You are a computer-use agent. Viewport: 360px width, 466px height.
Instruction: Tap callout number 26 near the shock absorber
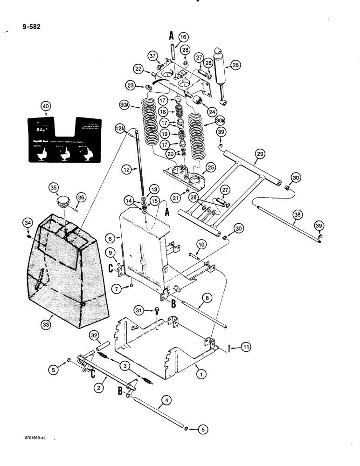click(x=235, y=66)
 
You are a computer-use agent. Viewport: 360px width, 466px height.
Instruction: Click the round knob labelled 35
click(x=62, y=203)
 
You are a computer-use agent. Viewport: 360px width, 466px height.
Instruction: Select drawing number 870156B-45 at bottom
click(x=37, y=439)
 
